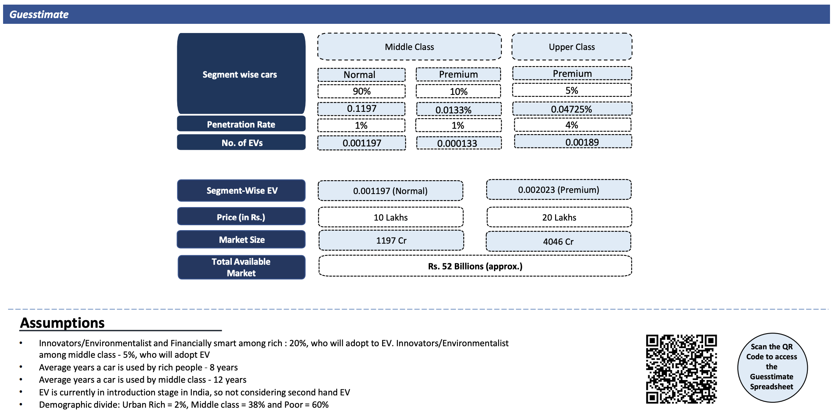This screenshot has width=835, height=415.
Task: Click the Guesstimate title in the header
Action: pos(39,15)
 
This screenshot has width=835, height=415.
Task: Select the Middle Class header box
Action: pos(409,46)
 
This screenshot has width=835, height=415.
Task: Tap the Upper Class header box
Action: pos(572,46)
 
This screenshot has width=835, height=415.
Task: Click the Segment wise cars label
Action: pos(240,75)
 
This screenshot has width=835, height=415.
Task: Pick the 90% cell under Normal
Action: pos(361,91)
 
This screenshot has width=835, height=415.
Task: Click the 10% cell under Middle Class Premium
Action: pos(458,91)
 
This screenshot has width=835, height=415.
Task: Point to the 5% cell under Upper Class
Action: pos(572,90)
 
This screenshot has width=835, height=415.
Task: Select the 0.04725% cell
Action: pos(572,109)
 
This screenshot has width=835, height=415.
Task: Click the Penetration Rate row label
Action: pos(241,124)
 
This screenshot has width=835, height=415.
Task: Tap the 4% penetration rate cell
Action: pos(572,125)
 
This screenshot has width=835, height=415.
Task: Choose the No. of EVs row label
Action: pos(241,143)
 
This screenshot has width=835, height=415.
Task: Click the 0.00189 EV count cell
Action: pos(573,142)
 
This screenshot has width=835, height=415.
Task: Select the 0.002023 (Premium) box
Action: pos(559,189)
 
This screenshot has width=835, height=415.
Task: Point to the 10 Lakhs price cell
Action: pos(391,217)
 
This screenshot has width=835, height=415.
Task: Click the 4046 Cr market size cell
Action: pos(558,241)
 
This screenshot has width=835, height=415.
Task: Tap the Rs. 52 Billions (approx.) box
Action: pos(475,266)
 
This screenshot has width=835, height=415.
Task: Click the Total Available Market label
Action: pos(241,267)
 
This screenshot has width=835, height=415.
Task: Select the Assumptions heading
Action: pos(62,323)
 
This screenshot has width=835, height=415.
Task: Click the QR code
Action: pos(681,369)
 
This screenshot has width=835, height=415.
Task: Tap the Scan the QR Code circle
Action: pos(772,368)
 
